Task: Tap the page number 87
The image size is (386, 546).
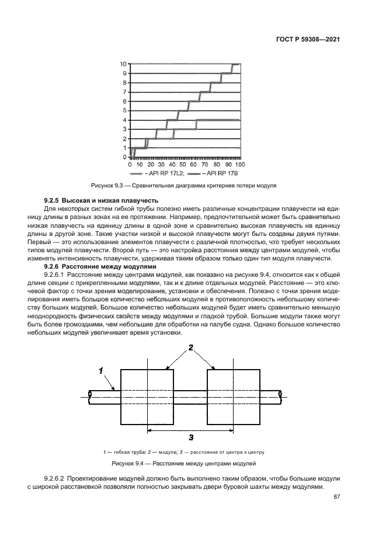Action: click(x=336, y=497)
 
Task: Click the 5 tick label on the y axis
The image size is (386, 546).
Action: click(x=124, y=110)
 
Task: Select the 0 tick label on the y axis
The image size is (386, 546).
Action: click(x=124, y=157)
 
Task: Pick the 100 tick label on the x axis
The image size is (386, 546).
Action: click(x=239, y=165)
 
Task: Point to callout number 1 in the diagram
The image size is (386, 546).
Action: click(x=100, y=370)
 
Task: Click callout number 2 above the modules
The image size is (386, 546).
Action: click(x=191, y=348)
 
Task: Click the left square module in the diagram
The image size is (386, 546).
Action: click(x=147, y=397)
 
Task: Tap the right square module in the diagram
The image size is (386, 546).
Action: click(x=234, y=397)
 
